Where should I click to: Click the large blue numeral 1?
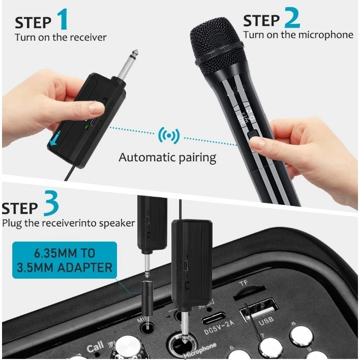click(62, 19)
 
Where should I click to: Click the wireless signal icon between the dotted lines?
click(168, 135)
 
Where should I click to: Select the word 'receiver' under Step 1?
click(89, 37)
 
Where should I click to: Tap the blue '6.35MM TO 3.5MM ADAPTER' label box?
click(64, 259)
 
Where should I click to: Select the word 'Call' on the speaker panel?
click(95, 348)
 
